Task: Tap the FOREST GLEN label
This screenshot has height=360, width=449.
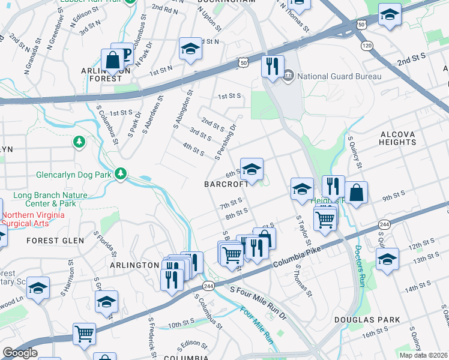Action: (x=51, y=240)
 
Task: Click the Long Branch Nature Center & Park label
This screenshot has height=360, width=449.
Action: (x=50, y=199)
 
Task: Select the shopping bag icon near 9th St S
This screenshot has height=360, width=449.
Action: (x=356, y=193)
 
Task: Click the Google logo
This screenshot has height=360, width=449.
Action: (x=20, y=353)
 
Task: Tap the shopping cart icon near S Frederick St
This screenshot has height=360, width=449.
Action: (x=85, y=334)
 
